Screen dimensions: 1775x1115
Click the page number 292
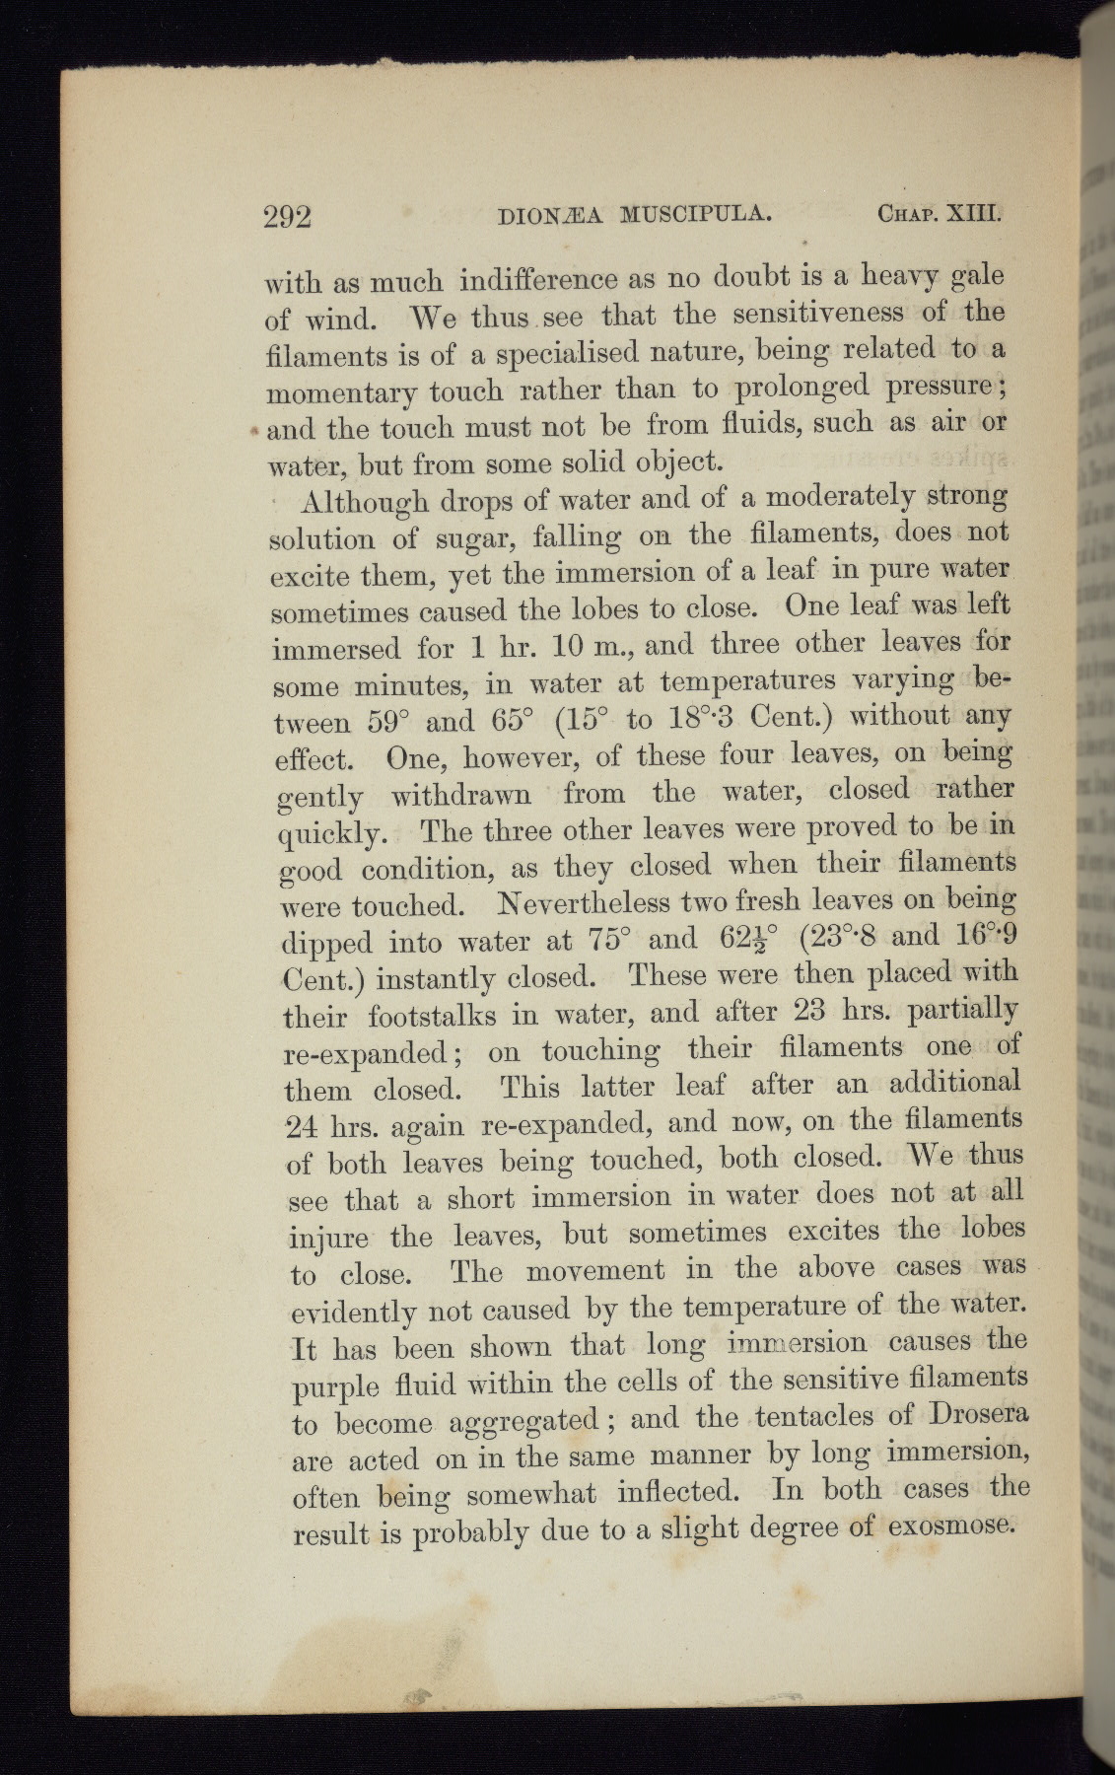pos(288,216)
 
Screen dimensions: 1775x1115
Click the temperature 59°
pos(383,721)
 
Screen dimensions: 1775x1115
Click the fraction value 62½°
pos(747,937)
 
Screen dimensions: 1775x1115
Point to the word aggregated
pos(523,1422)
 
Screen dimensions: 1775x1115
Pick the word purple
pos(336,1386)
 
